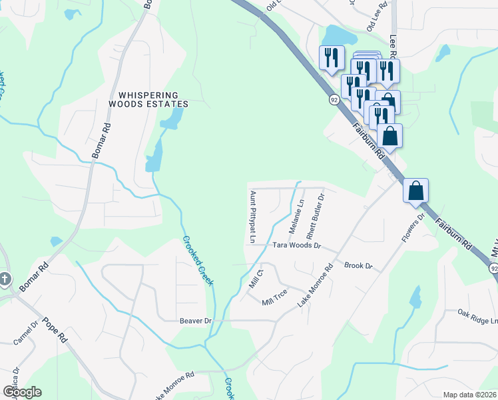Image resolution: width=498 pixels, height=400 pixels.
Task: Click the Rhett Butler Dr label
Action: (315, 217)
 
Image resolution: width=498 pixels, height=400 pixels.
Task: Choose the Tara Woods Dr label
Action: (297, 246)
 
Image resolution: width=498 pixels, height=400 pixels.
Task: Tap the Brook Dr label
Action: (358, 266)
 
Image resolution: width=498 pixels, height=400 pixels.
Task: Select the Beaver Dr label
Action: (195, 321)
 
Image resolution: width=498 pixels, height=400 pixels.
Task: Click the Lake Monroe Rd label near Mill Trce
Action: (315, 287)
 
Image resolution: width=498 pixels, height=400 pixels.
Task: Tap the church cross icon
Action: (5, 279)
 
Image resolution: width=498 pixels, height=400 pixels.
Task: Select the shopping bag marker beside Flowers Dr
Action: (415, 191)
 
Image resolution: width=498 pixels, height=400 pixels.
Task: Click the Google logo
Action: (21, 392)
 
